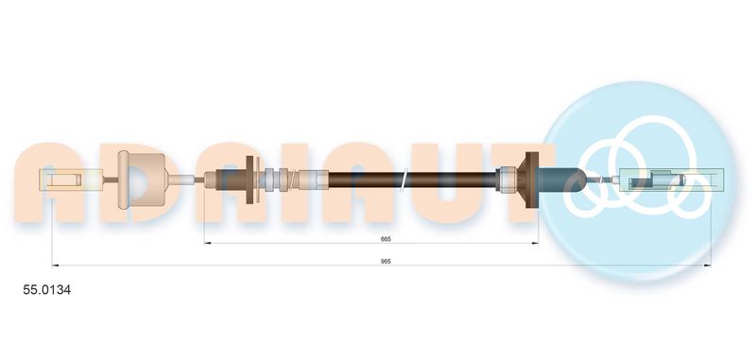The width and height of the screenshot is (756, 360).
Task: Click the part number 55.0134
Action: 46,290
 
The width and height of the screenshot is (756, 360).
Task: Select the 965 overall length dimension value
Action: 386,261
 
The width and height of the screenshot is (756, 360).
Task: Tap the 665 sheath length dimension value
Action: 386,239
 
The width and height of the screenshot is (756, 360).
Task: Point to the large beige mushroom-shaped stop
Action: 141,180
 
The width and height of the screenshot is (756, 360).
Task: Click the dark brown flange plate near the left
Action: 251,180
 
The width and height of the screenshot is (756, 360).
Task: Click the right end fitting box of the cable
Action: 672,180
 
